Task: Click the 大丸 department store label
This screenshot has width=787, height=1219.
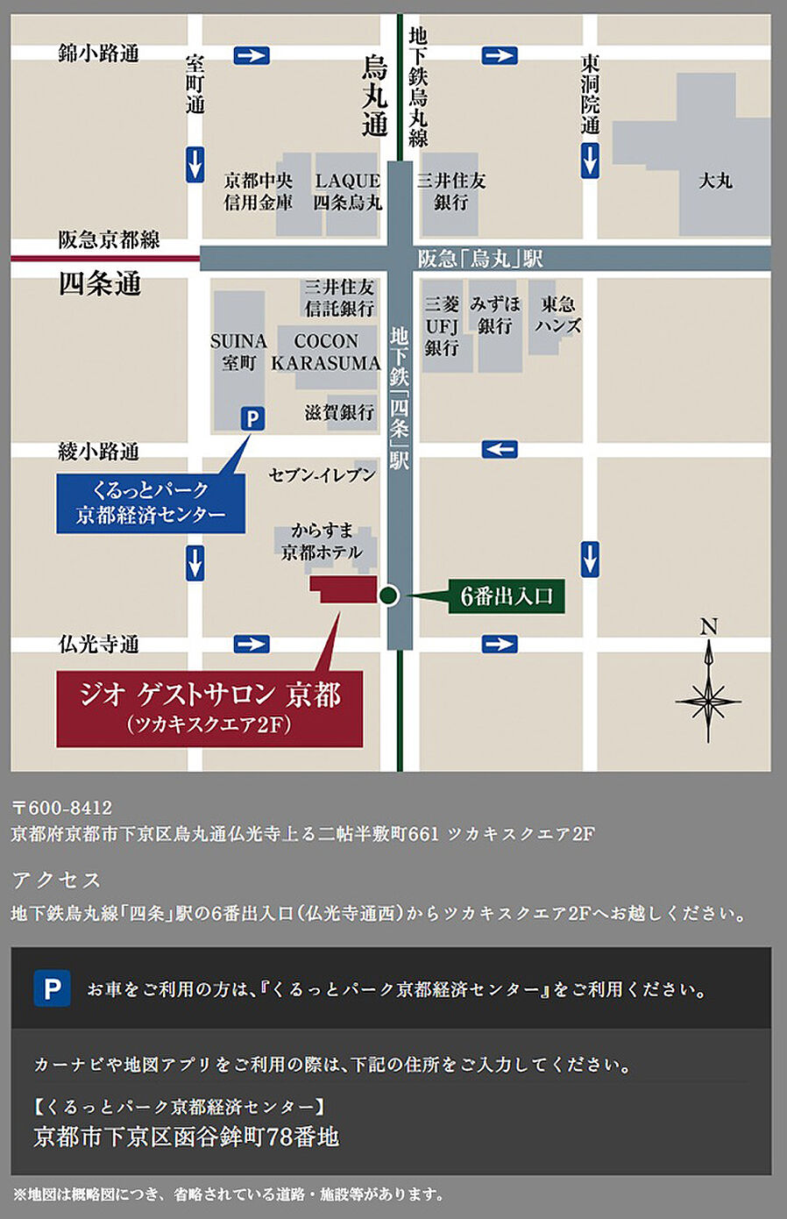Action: [x=715, y=181]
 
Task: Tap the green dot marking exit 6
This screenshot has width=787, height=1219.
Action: [x=389, y=595]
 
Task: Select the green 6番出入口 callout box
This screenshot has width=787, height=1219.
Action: [x=507, y=596]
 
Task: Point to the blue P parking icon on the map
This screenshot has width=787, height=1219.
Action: [x=252, y=418]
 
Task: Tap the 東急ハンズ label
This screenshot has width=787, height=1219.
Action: [x=558, y=315]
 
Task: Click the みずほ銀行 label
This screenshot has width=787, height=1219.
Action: [x=495, y=315]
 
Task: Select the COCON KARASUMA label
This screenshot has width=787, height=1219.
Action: [x=326, y=352]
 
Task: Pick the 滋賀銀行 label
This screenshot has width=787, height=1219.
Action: [x=339, y=411]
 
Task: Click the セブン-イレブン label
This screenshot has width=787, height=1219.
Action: [x=322, y=474]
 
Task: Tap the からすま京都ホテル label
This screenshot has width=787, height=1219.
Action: [x=322, y=541]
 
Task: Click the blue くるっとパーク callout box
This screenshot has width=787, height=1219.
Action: [x=150, y=503]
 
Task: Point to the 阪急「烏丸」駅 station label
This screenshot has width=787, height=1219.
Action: [x=480, y=259]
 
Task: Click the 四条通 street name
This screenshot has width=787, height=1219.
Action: [x=100, y=284]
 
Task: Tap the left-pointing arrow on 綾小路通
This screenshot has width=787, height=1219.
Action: [x=500, y=450]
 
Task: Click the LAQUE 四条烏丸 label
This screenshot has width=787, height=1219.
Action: [x=348, y=191]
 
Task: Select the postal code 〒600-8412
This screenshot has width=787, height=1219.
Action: [x=62, y=808]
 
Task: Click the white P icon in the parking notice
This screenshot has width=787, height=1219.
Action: [x=52, y=989]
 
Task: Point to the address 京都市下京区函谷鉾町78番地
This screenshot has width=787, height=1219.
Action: [x=186, y=1137]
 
